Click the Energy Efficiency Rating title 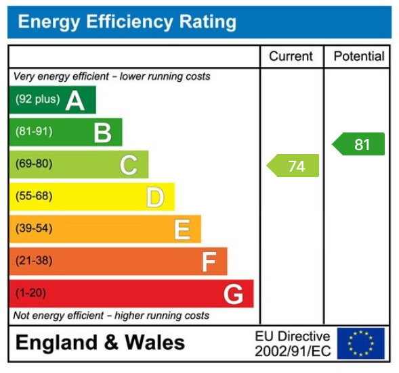pos(127,22)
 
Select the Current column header pos(291,57)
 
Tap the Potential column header pos(358,57)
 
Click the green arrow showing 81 pos(359,144)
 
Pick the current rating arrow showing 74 pos(293,166)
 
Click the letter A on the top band pos(75,101)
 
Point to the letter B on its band pos(102,132)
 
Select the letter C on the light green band pos(129,165)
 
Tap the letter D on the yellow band pos(155,197)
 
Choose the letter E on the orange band pos(182,230)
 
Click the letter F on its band pos(209,262)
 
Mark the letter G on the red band pos(233,294)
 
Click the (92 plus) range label pos(37,99)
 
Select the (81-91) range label pos(34,132)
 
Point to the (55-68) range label pos(34,197)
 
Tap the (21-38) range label pos(34,261)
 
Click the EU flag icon pos(360,343)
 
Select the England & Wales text pos(100,343)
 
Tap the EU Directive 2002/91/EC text pos(293,343)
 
